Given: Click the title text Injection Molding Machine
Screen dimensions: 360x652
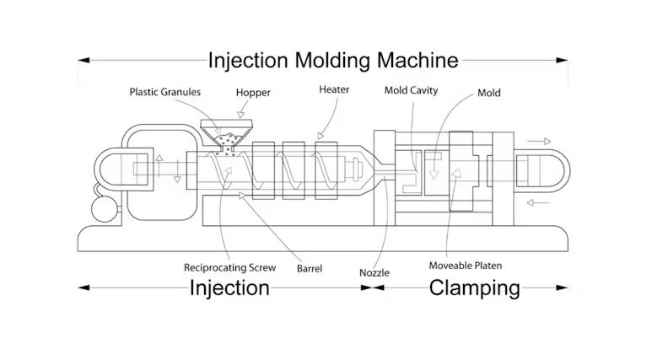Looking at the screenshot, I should coord(333,61).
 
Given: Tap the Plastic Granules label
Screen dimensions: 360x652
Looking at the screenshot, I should coord(164,91).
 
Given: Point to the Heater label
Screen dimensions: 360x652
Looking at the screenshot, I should coord(334,89).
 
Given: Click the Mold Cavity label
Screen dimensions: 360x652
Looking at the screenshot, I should coord(411,90).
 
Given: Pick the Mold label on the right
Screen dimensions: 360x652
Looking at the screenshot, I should coord(488,93).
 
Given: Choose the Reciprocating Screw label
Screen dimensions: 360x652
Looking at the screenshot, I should coord(229,267).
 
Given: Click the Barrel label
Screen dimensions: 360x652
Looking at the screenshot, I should coord(309,270).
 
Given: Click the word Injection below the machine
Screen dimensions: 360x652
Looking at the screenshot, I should coord(229,288).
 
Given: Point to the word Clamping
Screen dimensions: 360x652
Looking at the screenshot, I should coord(475,288).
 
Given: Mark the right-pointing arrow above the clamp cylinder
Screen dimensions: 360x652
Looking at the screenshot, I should coord(537,141).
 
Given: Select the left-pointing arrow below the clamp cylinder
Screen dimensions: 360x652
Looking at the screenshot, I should coord(540,202).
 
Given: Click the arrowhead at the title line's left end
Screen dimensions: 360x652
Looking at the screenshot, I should coord(83,61).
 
